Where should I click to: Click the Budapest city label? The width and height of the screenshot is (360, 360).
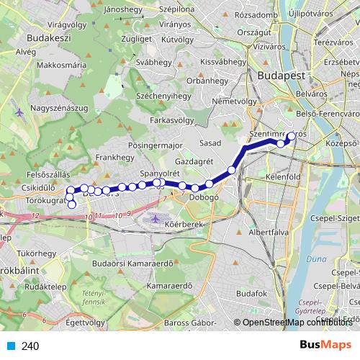(x=282, y=76)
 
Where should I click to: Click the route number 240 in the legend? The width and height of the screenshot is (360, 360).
(x=30, y=346)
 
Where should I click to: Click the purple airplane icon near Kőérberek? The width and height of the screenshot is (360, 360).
(x=158, y=217)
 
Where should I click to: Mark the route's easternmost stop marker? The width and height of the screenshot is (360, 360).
(x=292, y=135)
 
